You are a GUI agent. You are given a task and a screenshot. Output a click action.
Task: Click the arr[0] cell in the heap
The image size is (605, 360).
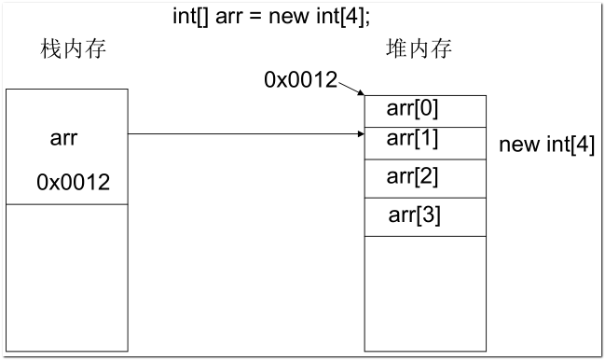tap(424, 110)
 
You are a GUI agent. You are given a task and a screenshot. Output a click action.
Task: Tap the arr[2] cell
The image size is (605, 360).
tap(424, 177)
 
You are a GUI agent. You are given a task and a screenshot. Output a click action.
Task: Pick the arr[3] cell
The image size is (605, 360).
tap(424, 216)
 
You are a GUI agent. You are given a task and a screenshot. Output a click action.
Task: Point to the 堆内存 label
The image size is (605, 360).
tap(419, 49)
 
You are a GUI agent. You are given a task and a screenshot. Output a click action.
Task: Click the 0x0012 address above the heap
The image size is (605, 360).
tap(300, 80)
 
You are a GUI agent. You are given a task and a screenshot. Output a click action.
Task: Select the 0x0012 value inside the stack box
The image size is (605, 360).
tap(73, 183)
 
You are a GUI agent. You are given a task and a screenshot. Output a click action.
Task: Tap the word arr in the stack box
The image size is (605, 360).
tap(63, 139)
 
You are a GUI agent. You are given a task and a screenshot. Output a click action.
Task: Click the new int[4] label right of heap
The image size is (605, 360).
tap(546, 145)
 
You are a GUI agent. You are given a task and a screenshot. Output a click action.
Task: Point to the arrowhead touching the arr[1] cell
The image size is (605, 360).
tap(360, 134)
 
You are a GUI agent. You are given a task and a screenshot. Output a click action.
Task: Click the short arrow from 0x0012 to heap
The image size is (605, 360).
tap(351, 89)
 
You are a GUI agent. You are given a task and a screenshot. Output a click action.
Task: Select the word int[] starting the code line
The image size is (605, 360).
tap(192, 16)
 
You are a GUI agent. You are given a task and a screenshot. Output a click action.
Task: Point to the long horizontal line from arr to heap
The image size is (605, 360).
tap(242, 134)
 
